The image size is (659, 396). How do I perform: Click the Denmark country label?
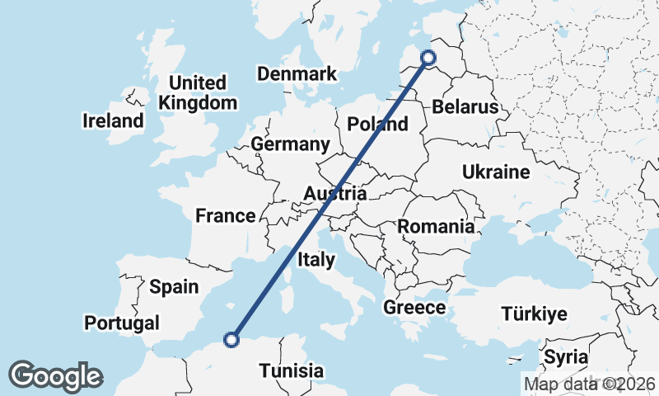tap(297, 74)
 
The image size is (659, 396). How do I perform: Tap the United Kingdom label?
tap(197, 93)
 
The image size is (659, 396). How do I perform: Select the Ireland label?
tap(113, 121)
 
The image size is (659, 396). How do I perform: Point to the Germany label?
tap(290, 144)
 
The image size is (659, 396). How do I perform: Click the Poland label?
tap(378, 125)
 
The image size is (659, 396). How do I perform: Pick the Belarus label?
tap(465, 107)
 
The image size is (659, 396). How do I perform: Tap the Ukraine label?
tap(495, 172)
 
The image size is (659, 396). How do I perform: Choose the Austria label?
tap(334, 195)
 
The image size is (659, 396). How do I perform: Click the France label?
tap(226, 216)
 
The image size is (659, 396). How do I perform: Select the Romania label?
tap(436, 226)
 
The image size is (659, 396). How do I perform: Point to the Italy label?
tap(315, 260)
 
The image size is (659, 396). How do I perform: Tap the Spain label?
tap(174, 287)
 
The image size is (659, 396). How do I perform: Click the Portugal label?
tap(121, 323)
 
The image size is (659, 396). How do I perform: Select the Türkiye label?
tap(534, 314)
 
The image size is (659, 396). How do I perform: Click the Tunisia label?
tap(291, 371)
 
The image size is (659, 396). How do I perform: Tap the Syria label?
tap(566, 358)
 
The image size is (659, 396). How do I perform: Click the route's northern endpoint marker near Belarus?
tap(428, 57)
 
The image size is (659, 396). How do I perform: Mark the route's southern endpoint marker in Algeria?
tap(232, 338)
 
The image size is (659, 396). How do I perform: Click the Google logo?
tap(55, 376)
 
